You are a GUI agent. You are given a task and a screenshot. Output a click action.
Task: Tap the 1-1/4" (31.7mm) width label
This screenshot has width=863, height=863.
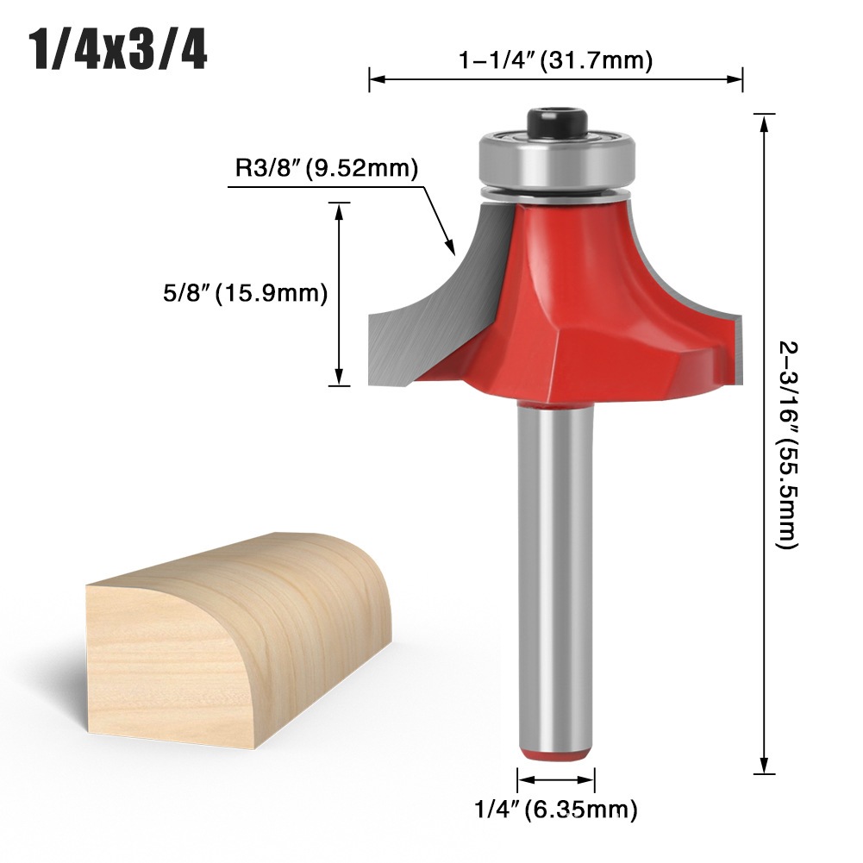click(x=556, y=59)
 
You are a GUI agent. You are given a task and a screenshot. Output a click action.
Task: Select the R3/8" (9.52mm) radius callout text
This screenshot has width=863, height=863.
click(x=327, y=167)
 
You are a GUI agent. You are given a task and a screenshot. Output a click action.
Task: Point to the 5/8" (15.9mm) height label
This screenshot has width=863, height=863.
click(x=245, y=293)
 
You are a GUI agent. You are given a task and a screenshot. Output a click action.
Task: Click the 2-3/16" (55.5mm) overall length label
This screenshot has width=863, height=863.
click(x=788, y=445)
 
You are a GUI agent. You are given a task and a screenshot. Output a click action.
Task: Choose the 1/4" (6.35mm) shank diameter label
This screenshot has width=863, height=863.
click(x=556, y=810)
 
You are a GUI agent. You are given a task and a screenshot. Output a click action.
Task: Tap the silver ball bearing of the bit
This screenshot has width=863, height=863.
click(x=557, y=159)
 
